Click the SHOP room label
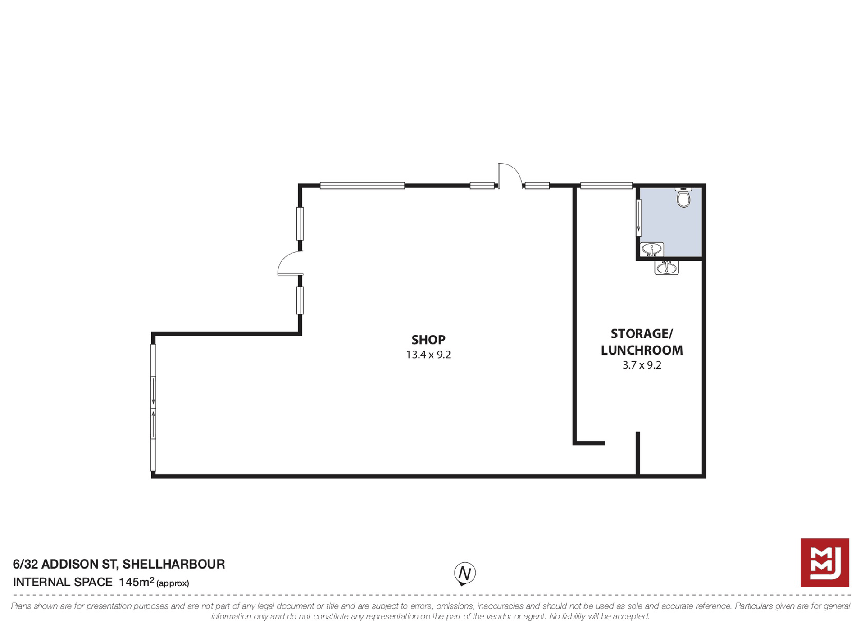click(428, 340)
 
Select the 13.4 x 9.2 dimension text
click(428, 355)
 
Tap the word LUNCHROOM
click(642, 350)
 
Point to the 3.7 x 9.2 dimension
click(642, 365)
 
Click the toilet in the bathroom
click(683, 197)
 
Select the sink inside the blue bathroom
click(651, 249)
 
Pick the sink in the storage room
click(666, 268)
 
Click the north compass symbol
click(464, 574)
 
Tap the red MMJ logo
click(824, 563)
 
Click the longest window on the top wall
click(362, 186)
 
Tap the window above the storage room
click(606, 186)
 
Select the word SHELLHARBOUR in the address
click(173, 564)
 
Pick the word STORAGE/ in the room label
click(642, 334)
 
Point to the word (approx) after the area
click(173, 583)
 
